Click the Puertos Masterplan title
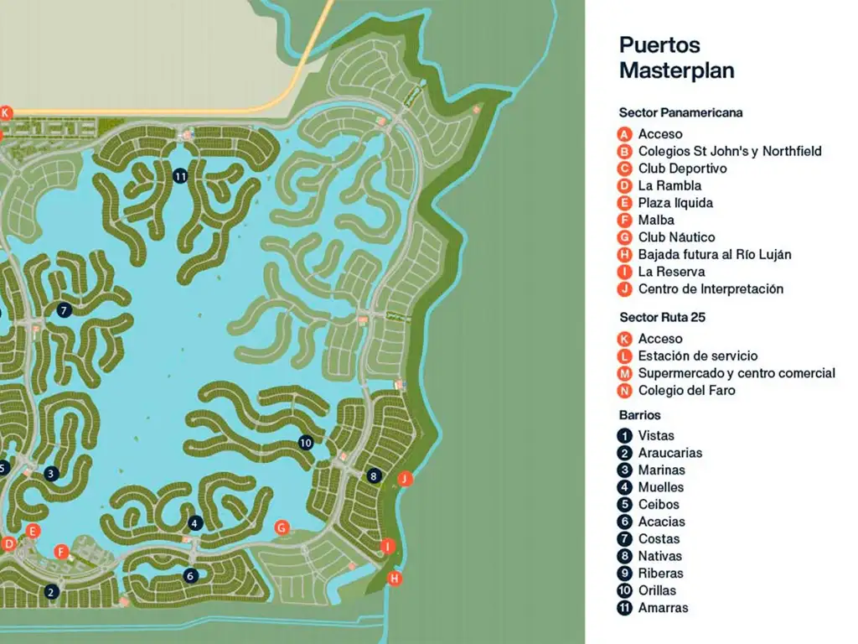coord(676,57)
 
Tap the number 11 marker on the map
coord(180,175)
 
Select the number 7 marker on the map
coord(65,309)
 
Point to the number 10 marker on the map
coord(305,442)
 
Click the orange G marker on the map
coord(282,527)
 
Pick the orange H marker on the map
coord(395,578)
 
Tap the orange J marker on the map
coord(406,479)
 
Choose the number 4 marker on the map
coord(195,523)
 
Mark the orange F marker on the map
coord(60,551)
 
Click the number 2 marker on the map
coord(51,591)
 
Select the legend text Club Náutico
coord(676,237)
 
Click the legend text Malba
coord(656,220)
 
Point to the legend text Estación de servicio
coord(697,356)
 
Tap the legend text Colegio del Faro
coord(686,391)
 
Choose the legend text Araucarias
coord(670,453)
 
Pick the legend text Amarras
coord(662,608)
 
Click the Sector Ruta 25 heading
coord(662,317)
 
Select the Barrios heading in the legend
coord(640,415)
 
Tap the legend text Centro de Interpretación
coord(711,289)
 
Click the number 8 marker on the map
coord(374,476)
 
